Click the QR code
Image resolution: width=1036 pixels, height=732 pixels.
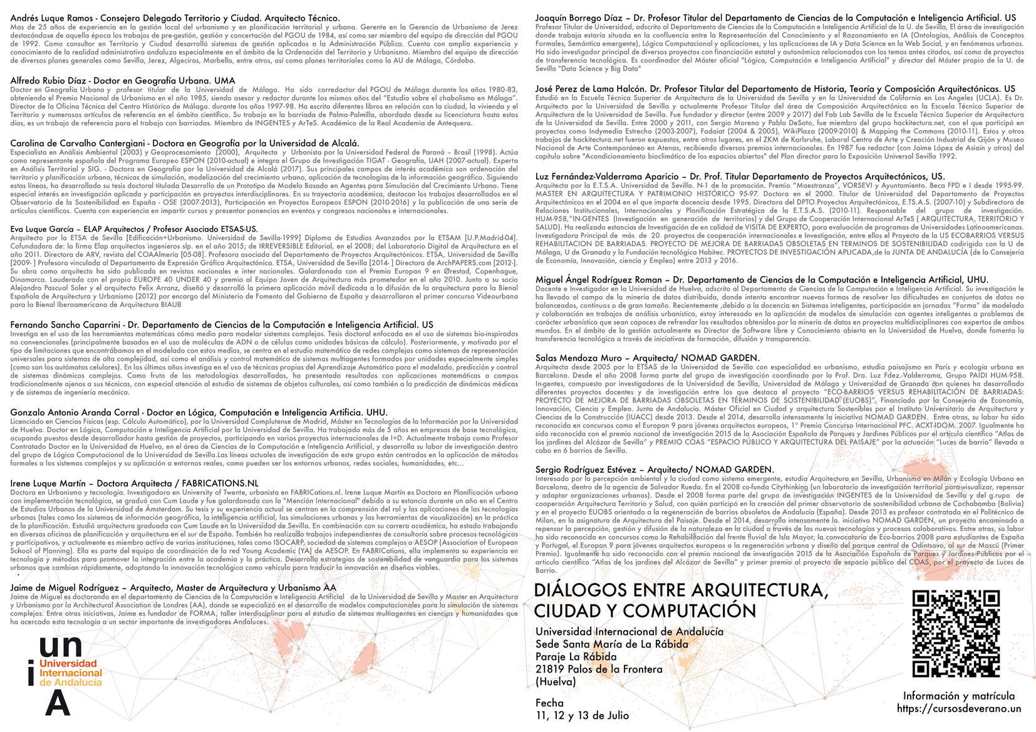(x=955, y=634)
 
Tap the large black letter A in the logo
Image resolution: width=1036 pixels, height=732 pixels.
(x=58, y=703)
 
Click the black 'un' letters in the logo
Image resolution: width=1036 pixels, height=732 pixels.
(x=61, y=647)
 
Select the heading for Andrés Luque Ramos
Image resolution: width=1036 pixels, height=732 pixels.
(x=175, y=18)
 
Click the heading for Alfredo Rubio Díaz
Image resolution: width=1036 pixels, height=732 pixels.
(x=123, y=81)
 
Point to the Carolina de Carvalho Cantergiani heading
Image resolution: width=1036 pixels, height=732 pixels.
(x=185, y=143)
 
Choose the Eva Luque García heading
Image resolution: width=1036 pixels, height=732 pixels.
(x=134, y=229)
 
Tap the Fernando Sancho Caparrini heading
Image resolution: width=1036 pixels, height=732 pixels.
(x=222, y=325)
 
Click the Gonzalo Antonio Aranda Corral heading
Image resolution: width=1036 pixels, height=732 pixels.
(x=199, y=413)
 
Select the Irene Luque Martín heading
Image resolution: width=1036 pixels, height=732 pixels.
(x=134, y=483)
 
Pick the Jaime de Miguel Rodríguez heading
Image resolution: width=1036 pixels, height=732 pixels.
(x=173, y=588)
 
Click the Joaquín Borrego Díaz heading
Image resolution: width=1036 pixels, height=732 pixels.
(x=775, y=18)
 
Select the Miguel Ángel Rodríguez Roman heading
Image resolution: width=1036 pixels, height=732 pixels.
(x=762, y=280)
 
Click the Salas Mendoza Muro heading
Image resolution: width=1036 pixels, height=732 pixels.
(x=647, y=358)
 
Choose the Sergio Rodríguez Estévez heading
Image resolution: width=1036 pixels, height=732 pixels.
(x=655, y=470)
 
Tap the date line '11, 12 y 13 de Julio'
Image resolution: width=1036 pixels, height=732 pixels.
(x=582, y=716)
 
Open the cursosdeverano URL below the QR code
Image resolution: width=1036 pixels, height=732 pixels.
(x=958, y=709)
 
